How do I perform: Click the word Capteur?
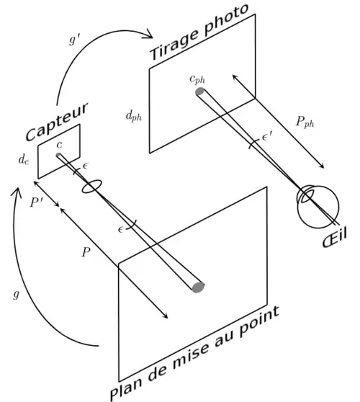point(57,121)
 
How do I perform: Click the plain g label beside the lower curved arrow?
point(16,295)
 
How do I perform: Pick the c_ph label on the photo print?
point(197,79)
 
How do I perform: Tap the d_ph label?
point(133,116)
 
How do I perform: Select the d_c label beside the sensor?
point(24,159)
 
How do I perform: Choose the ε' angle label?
point(268,136)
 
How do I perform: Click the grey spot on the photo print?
point(200,91)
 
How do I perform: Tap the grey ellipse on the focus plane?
point(198,287)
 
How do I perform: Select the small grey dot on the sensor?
point(58,155)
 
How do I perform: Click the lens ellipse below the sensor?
point(91,186)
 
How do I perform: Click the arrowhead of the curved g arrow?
point(16,192)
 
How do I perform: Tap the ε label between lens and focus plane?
point(121,229)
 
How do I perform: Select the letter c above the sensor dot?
point(59,145)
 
